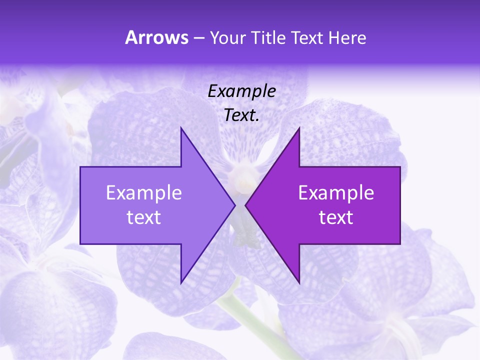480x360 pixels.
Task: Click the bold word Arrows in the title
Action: tap(156, 37)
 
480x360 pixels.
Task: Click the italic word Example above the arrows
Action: tap(242, 91)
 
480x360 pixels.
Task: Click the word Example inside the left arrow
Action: tap(144, 192)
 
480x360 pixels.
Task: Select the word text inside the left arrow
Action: tap(144, 217)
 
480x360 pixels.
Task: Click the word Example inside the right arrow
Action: tap(336, 192)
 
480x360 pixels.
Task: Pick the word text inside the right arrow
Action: tap(336, 217)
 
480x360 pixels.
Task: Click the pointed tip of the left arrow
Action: tap(234, 205)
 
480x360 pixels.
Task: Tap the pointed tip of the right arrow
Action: tap(246, 205)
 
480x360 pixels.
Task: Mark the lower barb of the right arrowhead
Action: tap(299, 281)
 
